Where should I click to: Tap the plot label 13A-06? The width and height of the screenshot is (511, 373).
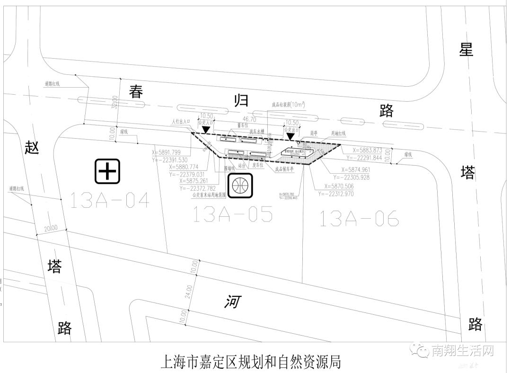click(359, 218)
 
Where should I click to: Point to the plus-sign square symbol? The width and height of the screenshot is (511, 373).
click(108, 171)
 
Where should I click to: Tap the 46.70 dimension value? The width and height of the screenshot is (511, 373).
click(249, 120)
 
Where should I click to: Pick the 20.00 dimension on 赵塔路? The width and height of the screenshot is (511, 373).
click(51, 228)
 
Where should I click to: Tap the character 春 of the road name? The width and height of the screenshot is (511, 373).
click(137, 91)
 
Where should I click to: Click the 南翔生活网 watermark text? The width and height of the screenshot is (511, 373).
click(462, 351)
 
